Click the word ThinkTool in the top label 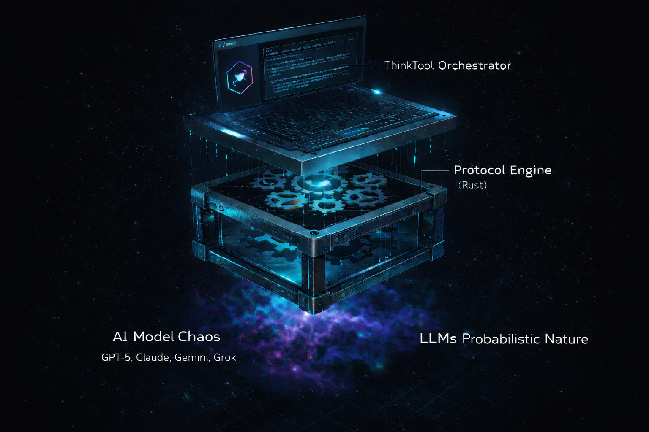pyautogui.click(x=409, y=66)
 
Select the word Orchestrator pyautogui.click(x=474, y=66)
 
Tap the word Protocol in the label pyautogui.click(x=480, y=170)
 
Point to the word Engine pyautogui.click(x=531, y=170)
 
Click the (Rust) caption pyautogui.click(x=473, y=185)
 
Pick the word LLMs pyautogui.click(x=438, y=339)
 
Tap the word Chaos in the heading pyautogui.click(x=199, y=337)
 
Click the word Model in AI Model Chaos pyautogui.click(x=153, y=337)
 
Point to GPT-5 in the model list pyautogui.click(x=117, y=358)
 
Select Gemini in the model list pyautogui.click(x=191, y=358)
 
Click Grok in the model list pyautogui.click(x=225, y=358)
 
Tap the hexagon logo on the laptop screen pyautogui.click(x=240, y=77)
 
